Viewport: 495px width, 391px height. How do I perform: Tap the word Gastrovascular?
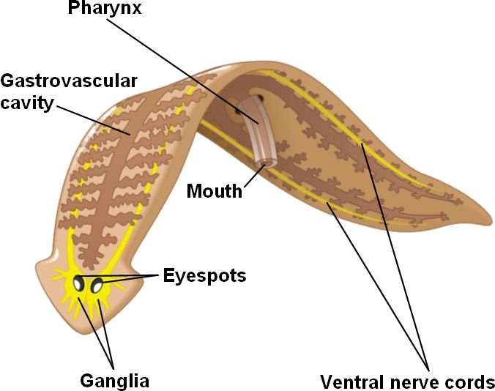pos(69,81)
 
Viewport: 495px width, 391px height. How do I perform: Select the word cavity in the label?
pos(28,103)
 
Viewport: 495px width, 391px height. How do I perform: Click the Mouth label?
pos(213,192)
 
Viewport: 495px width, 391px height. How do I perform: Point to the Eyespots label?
pos(204,276)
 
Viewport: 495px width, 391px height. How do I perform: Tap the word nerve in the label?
pos(418,381)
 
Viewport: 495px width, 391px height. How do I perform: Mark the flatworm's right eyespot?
pos(97,286)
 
